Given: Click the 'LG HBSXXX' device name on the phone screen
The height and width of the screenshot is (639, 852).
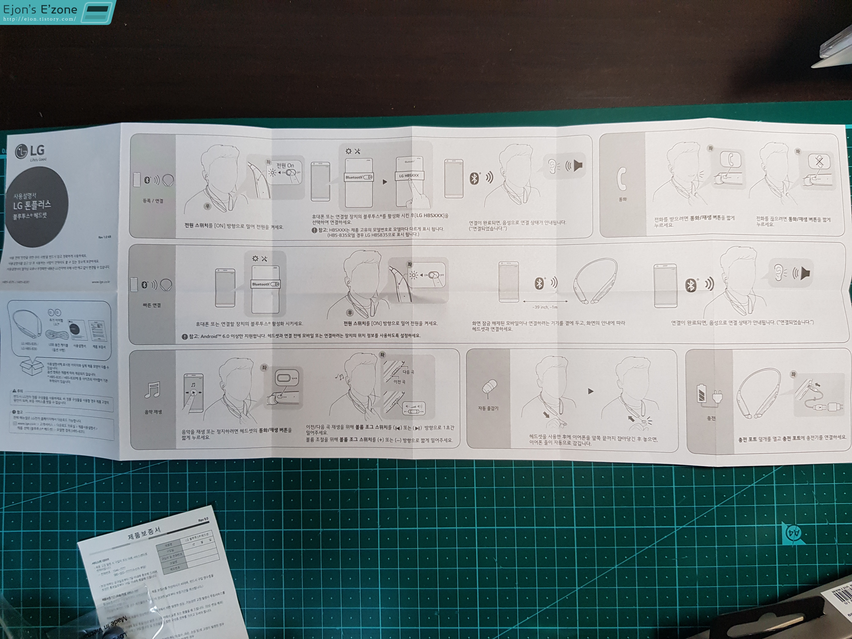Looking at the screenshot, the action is (x=409, y=176).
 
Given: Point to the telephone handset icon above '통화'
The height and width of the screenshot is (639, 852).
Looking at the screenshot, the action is (x=622, y=179).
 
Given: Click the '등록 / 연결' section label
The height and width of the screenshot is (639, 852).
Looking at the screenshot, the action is (x=153, y=201).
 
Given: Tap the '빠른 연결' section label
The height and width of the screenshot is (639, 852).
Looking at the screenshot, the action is (x=152, y=305).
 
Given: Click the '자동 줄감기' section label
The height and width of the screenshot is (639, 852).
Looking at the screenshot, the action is (x=488, y=408).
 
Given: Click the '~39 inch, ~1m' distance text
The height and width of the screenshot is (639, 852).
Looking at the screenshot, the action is (x=545, y=307).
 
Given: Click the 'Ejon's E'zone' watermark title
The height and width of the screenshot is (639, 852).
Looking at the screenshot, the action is (x=40, y=9).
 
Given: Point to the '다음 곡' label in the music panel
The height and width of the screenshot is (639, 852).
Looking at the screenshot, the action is (x=408, y=372).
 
